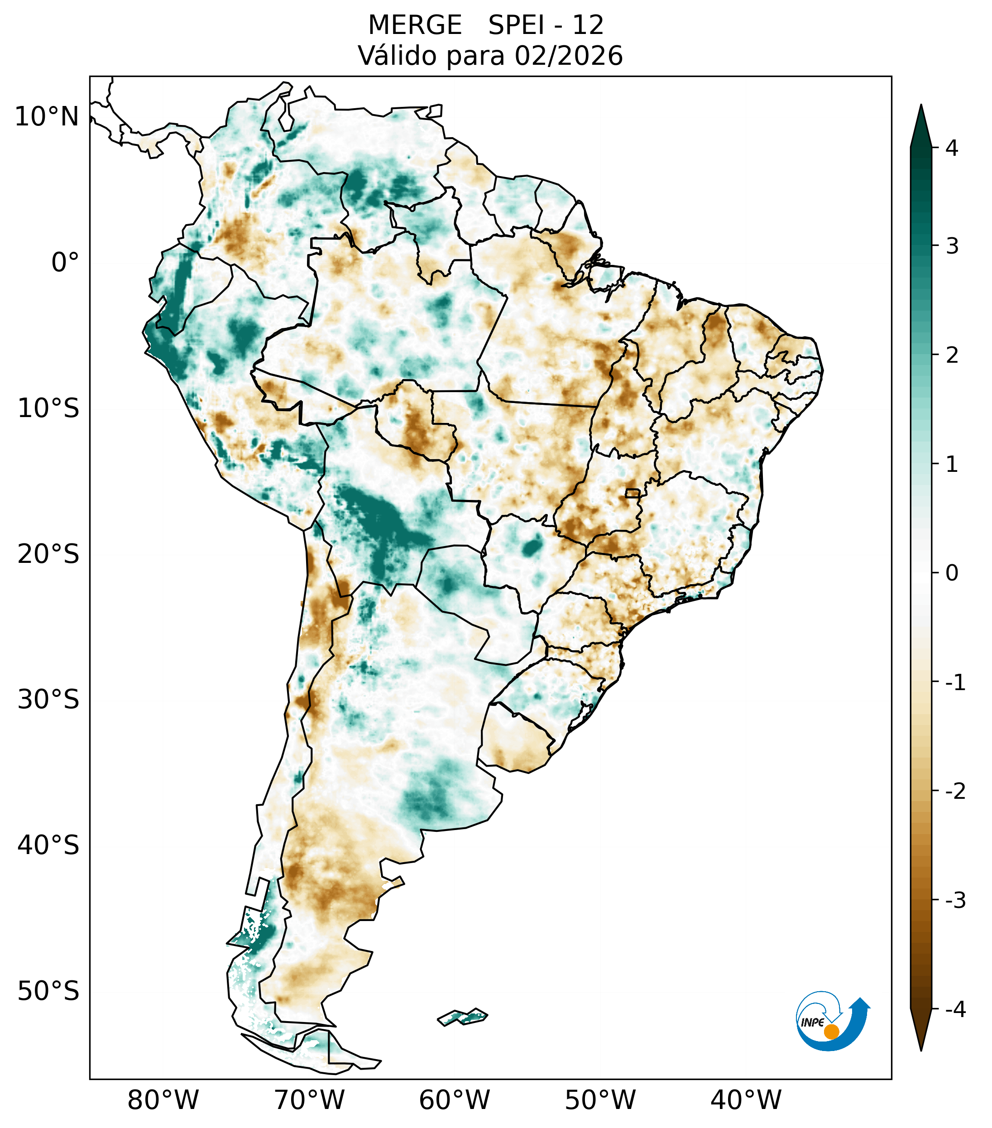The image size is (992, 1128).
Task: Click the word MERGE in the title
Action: pos(415,25)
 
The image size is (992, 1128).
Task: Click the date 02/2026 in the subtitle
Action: pos(569,56)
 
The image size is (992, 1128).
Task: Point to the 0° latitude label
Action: pos(65,262)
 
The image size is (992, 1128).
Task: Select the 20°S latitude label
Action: pos(48,554)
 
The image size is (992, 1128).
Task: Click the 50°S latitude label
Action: pos(48,991)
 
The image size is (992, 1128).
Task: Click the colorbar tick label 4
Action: pos(952,148)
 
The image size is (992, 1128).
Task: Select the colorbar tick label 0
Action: pos(952,573)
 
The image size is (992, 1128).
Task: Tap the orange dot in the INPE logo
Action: pos(831,1032)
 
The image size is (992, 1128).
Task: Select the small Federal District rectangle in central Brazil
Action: pos(632,493)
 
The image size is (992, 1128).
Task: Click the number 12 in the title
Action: pos(588,25)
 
